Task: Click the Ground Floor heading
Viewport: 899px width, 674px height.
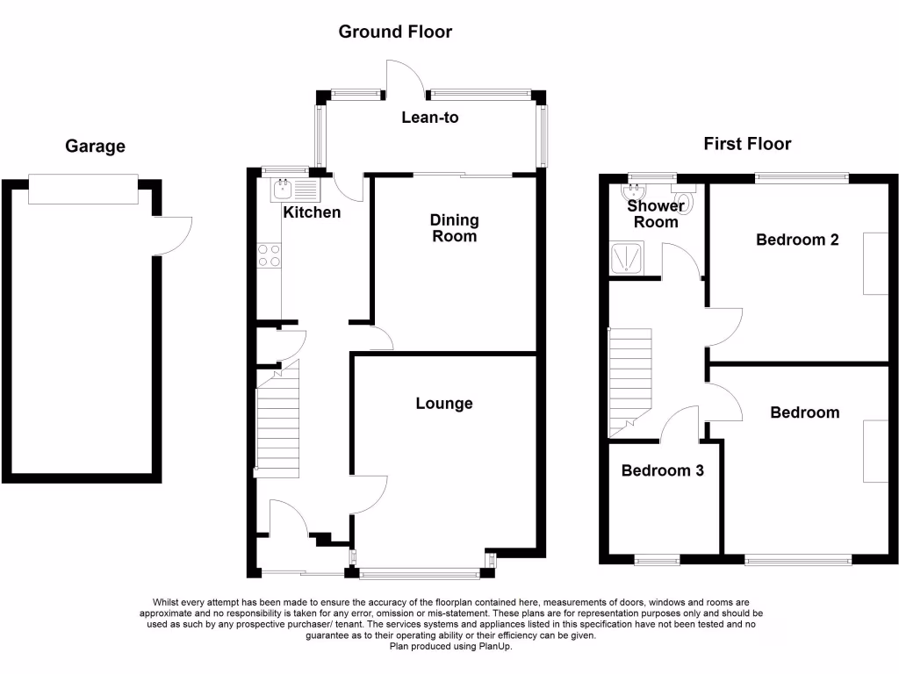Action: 395,32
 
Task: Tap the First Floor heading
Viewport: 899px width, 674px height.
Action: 747,144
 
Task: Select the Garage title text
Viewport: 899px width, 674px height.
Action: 95,147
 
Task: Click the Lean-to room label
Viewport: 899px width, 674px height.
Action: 430,118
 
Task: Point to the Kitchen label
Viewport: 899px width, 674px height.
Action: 312,212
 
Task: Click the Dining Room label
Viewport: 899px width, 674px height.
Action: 454,228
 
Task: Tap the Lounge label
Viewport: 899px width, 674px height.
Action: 444,404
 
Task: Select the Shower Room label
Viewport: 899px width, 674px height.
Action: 656,214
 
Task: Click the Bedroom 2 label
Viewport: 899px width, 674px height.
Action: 797,240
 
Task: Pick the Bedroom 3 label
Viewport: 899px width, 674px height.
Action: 662,470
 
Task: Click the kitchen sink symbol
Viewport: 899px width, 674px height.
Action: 294,190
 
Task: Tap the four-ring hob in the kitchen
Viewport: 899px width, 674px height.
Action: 269,255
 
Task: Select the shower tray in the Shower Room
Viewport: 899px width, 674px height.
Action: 628,259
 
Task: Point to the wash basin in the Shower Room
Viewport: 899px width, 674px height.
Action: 634,190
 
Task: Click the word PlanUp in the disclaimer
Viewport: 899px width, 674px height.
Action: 494,647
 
